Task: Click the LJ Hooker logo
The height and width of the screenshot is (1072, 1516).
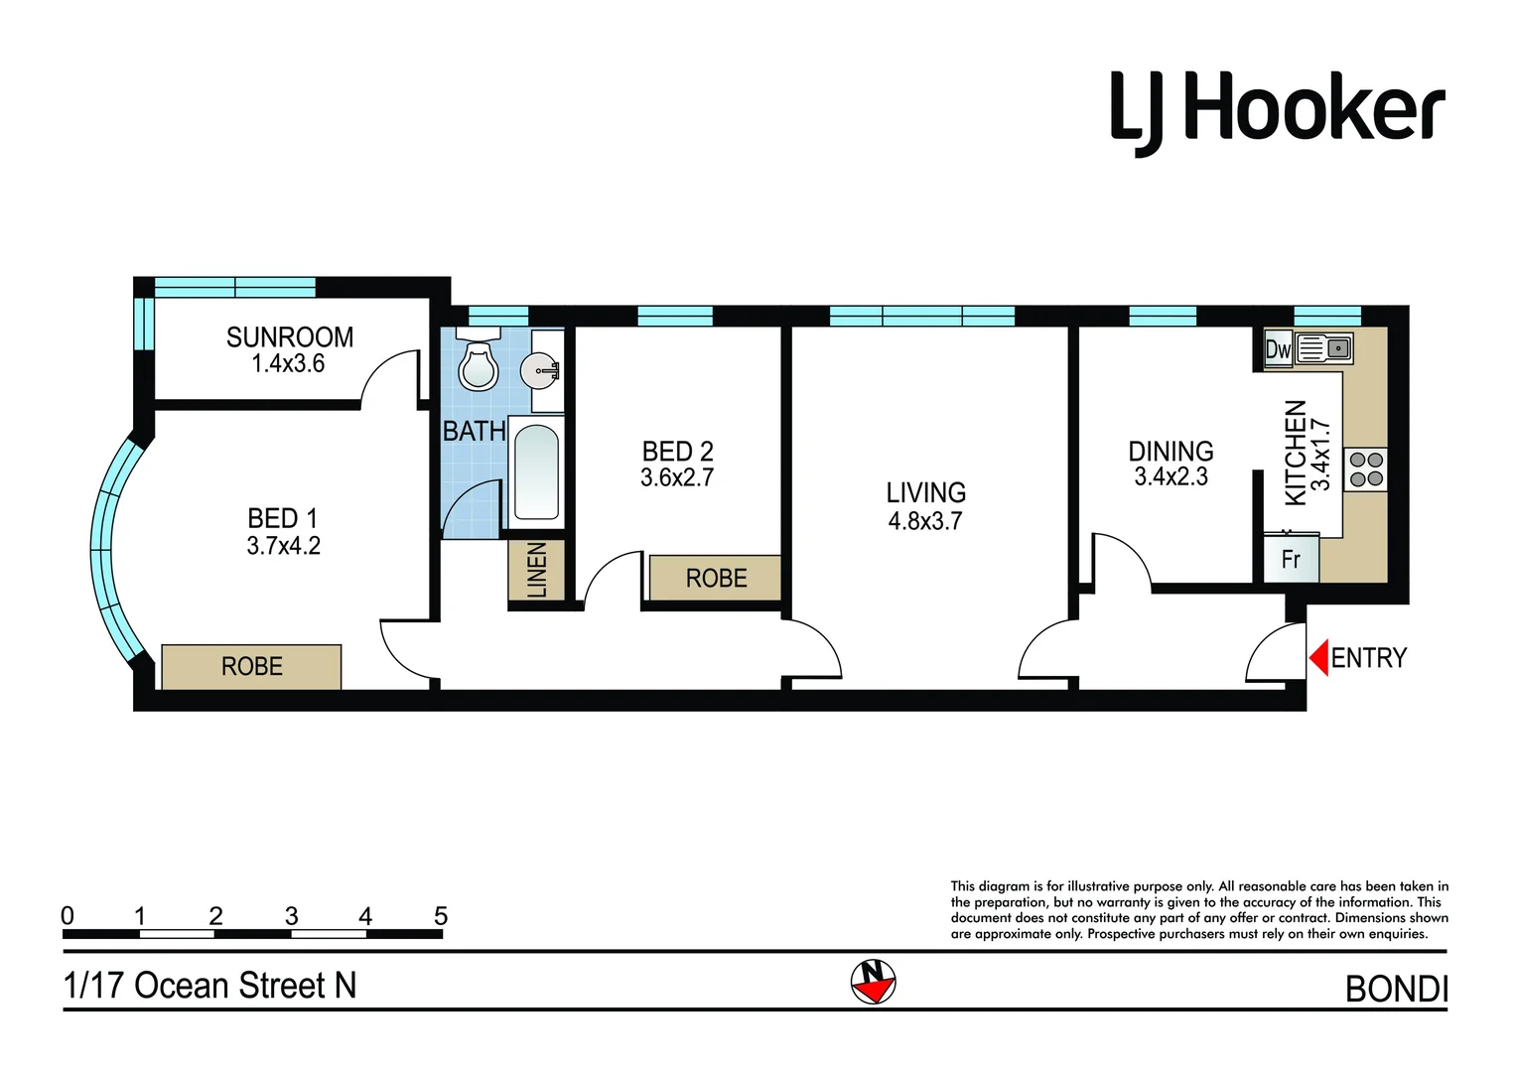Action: [1277, 111]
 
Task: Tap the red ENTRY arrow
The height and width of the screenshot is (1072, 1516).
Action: [1319, 657]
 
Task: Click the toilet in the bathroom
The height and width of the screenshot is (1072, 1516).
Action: [478, 366]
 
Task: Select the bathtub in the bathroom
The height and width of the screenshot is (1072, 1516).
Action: [536, 472]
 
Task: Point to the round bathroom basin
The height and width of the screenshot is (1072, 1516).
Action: [540, 371]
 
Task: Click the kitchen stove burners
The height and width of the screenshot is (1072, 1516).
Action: [1366, 469]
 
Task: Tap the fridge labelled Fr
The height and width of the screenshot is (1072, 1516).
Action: [1291, 559]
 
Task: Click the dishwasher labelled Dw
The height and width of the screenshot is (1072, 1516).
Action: [1278, 349]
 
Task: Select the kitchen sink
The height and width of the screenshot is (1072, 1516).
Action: [1325, 348]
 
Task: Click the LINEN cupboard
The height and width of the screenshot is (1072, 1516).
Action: [536, 570]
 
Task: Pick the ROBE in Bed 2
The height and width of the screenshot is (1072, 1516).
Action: [715, 578]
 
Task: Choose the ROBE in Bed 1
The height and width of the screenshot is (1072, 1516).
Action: [251, 666]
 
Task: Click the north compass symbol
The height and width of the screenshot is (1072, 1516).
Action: [873, 982]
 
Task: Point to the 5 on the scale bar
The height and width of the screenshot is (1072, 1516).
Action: [441, 916]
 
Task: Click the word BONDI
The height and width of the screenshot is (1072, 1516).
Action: [1396, 989]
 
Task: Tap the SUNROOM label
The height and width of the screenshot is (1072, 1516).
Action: [290, 337]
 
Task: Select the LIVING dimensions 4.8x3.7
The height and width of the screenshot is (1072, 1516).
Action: [925, 521]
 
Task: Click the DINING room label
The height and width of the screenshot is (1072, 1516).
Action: [1171, 452]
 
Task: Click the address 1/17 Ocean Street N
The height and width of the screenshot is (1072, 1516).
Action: [209, 986]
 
